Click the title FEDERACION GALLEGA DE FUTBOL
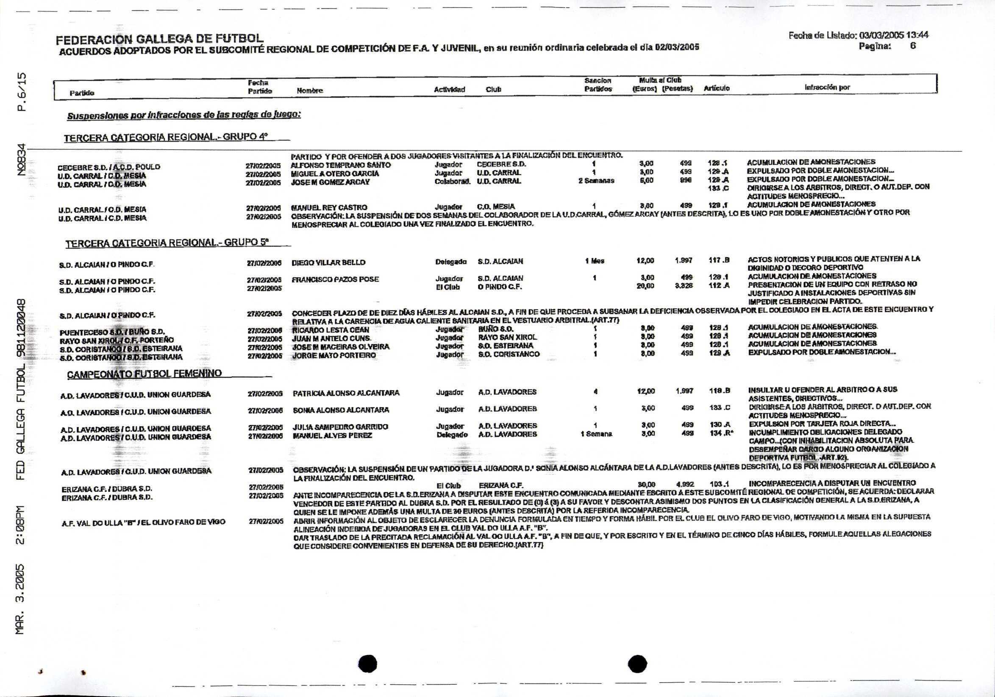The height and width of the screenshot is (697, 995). click(x=159, y=40)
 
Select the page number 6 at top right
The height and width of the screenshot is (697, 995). click(x=913, y=45)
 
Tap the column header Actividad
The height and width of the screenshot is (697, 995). click(x=449, y=90)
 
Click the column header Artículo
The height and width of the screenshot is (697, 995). click(x=716, y=89)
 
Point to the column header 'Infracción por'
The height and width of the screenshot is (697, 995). click(x=827, y=88)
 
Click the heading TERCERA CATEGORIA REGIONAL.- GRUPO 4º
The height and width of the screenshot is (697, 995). click(x=166, y=138)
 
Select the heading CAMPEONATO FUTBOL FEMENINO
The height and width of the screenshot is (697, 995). click(x=145, y=374)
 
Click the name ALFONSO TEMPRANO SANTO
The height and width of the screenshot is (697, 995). click(x=341, y=165)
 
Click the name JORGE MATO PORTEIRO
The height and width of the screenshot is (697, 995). click(x=334, y=355)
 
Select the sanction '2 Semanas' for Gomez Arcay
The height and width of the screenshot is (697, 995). click(x=596, y=181)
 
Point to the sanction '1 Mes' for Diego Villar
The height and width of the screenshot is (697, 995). click(x=595, y=261)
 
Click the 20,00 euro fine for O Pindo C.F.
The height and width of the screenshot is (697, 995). click(x=645, y=286)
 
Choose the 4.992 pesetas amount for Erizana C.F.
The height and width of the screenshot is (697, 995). click(x=685, y=484)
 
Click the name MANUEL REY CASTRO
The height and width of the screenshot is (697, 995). click(x=329, y=208)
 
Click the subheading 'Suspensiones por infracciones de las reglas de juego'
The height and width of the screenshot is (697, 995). click(x=184, y=115)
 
